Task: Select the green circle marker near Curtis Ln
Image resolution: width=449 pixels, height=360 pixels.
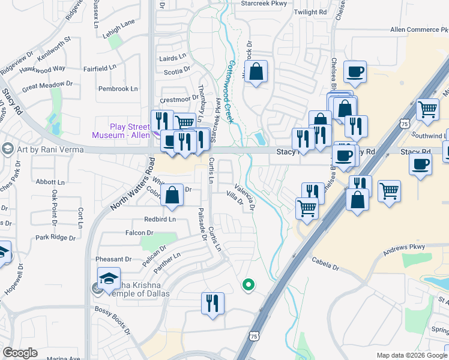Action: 247,285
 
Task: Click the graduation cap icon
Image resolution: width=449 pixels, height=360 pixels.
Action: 109,278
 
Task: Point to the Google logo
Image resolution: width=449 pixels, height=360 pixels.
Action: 20,353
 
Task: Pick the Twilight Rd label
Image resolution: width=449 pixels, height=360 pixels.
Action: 311,12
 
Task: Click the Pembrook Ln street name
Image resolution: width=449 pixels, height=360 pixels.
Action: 118,89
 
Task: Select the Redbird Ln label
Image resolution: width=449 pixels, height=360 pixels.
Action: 160,219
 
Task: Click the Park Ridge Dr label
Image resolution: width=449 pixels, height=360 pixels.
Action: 55,238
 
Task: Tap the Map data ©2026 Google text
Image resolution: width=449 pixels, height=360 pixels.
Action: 412,355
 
